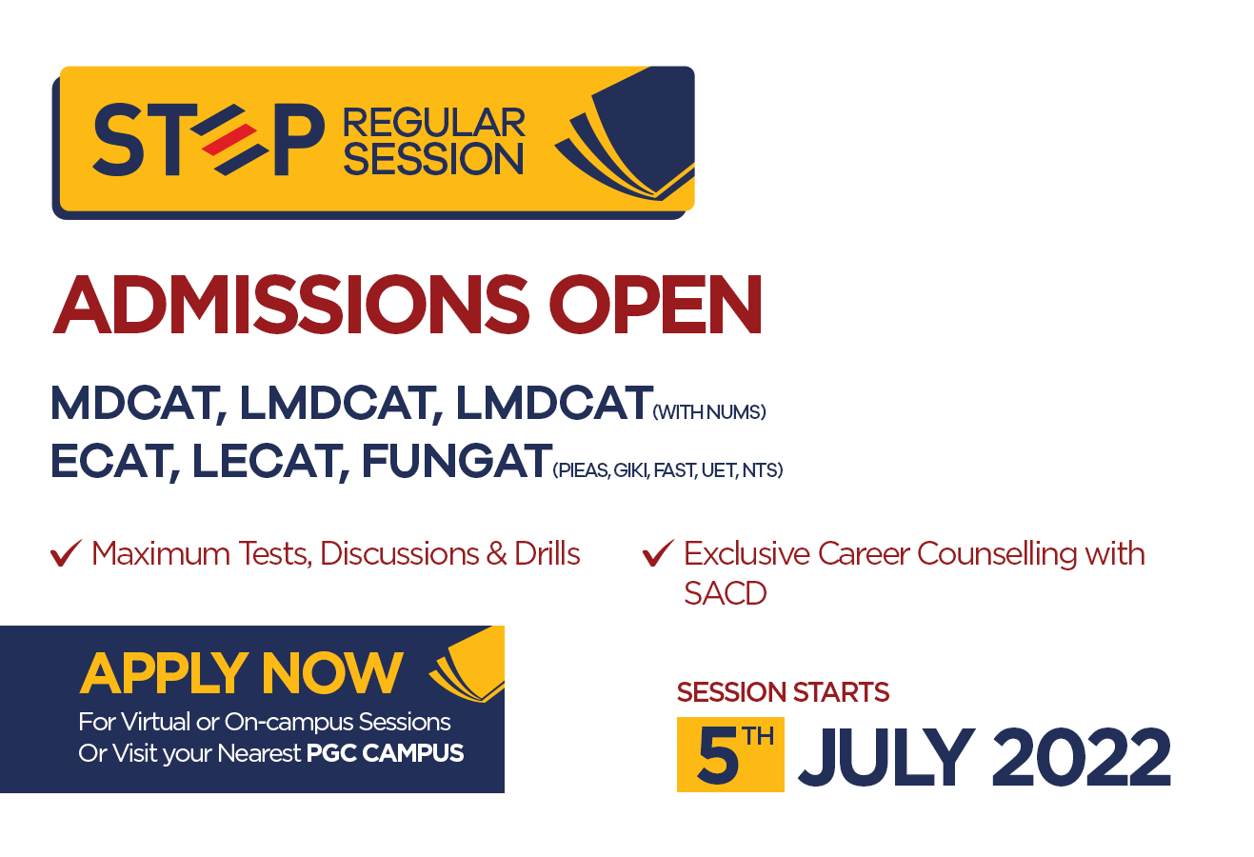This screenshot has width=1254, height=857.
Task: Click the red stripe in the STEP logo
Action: coord(229,139)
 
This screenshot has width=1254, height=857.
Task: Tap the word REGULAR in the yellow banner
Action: coord(434,123)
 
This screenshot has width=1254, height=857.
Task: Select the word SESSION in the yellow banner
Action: coord(434,160)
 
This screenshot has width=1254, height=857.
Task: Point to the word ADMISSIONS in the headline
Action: coord(290,305)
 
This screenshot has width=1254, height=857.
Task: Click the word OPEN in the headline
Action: coord(655,305)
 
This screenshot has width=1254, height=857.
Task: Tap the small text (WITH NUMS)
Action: coord(709,412)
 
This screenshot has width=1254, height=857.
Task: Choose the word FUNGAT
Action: coord(457,461)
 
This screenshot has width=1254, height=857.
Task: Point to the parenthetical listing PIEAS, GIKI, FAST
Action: coord(667,470)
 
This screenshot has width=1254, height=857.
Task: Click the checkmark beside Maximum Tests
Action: coord(66,553)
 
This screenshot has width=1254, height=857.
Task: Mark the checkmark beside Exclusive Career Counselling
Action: coord(658,553)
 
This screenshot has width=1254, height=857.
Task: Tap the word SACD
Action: coord(725,593)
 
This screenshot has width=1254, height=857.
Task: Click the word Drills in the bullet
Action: coord(547,554)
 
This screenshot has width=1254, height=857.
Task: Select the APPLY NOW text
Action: coord(241,673)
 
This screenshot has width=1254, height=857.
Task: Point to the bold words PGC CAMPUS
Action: coord(386,753)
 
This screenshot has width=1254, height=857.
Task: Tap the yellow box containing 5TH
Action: coord(730,754)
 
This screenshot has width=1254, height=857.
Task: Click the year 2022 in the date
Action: coord(1082,758)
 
